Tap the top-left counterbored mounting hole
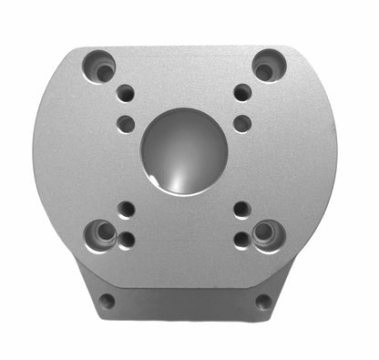[x=99, y=67]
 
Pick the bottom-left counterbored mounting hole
[x=101, y=235]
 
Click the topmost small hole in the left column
[x=126, y=93]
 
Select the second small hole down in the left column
[x=127, y=123]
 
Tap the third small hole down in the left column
[x=127, y=209]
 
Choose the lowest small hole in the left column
[x=127, y=240]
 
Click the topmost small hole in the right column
[x=242, y=92]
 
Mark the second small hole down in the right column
[x=242, y=123]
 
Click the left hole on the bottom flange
[x=108, y=300]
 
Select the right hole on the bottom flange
[x=263, y=301]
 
